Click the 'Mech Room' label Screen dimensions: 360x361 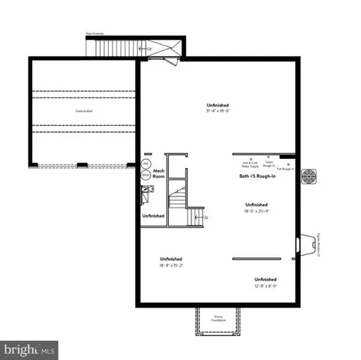[x=159, y=173]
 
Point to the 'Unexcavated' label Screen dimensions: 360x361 [x=83, y=112]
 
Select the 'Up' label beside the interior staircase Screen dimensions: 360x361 [x=206, y=217]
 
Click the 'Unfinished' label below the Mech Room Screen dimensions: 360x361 [x=153, y=216]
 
